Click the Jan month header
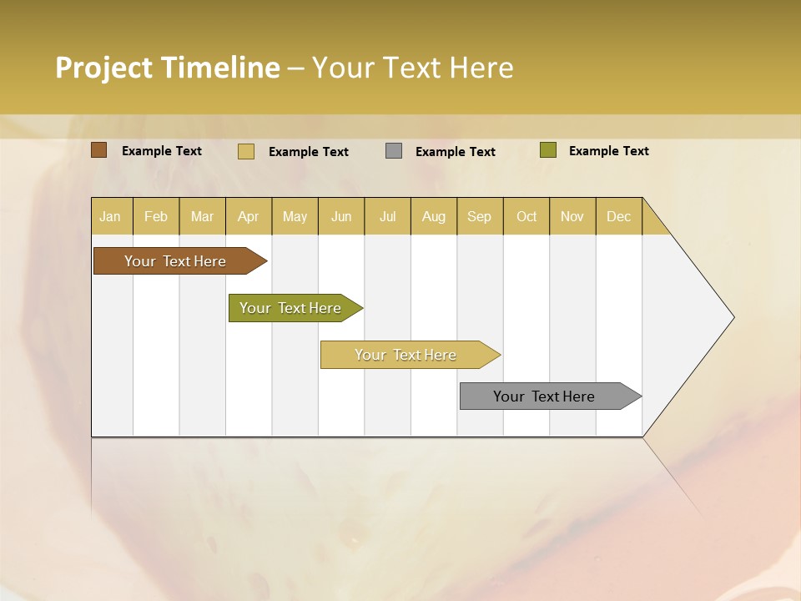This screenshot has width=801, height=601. (111, 216)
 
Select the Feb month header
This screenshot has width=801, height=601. (156, 216)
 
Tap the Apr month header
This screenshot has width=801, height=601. (249, 216)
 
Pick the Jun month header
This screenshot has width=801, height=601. (341, 216)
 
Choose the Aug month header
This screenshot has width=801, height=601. (434, 216)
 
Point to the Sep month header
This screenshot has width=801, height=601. (480, 216)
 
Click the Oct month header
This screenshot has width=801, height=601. (526, 216)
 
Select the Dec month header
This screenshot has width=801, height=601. (619, 216)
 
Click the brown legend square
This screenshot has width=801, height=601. (99, 150)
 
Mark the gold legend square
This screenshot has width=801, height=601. (246, 151)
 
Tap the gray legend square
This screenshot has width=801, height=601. (394, 151)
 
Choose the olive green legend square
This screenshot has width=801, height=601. (547, 150)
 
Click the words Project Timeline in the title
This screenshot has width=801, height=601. (167, 68)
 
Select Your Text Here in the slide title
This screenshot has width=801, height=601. (412, 68)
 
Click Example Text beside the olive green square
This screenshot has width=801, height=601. (608, 151)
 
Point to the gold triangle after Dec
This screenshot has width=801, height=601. (653, 221)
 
